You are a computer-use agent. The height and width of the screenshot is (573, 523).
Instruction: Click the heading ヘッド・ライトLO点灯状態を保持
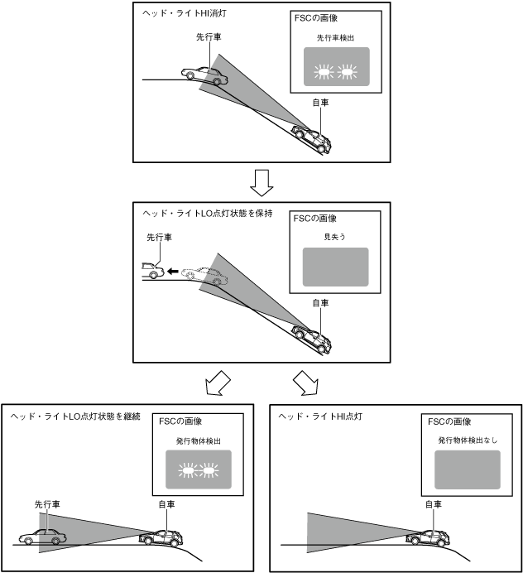click(208, 213)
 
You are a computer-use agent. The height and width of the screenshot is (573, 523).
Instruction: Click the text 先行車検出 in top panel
click(335, 38)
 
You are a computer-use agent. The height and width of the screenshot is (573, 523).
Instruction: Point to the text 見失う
click(334, 238)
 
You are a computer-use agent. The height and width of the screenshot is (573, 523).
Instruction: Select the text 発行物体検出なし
click(468, 441)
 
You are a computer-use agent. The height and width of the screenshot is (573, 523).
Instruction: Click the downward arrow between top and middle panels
click(261, 180)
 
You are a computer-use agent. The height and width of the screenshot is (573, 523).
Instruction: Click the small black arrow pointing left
click(171, 271)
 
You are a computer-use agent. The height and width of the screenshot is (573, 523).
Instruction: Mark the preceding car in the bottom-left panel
click(42, 537)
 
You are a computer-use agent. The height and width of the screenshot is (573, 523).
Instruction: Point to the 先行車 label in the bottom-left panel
click(46, 503)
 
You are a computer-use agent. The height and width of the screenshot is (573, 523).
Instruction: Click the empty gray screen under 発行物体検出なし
click(468, 469)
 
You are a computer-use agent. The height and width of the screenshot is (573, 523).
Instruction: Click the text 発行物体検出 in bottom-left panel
click(198, 441)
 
